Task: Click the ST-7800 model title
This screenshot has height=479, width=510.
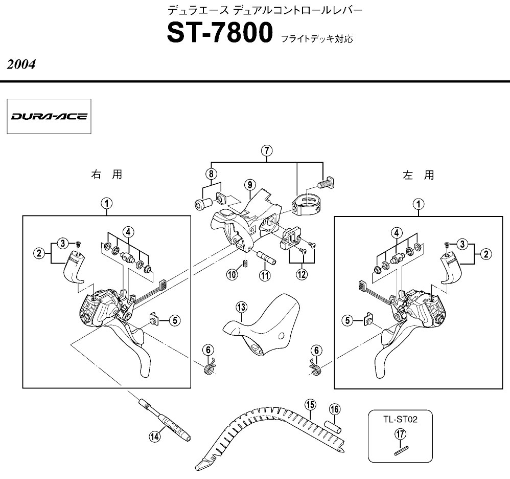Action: coord(220,33)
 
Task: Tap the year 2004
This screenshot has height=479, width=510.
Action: coord(21,64)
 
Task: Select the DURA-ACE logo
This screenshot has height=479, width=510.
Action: coord(49,116)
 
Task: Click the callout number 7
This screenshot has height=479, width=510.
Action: coord(267,151)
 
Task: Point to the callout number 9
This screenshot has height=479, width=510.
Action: coord(249,185)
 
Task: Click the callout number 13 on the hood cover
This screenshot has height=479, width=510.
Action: coord(241,307)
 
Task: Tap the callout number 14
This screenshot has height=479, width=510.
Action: coord(155,436)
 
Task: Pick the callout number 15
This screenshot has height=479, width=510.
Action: coord(310,405)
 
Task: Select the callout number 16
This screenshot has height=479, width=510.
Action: coord(335,409)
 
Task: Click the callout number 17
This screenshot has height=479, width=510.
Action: coord(401,434)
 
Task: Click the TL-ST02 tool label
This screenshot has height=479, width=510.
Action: coord(400,420)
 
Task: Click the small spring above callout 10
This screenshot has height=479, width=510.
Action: coord(246,262)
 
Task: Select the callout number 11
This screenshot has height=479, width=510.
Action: coord(265,275)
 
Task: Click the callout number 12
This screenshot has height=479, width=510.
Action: coord(302,274)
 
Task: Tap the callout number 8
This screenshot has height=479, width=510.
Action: coord(211,173)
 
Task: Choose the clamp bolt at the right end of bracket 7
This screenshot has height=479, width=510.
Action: coord(326,182)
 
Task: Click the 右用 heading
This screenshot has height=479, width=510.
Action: coord(107,175)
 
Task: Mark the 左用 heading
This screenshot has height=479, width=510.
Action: coord(419,175)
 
